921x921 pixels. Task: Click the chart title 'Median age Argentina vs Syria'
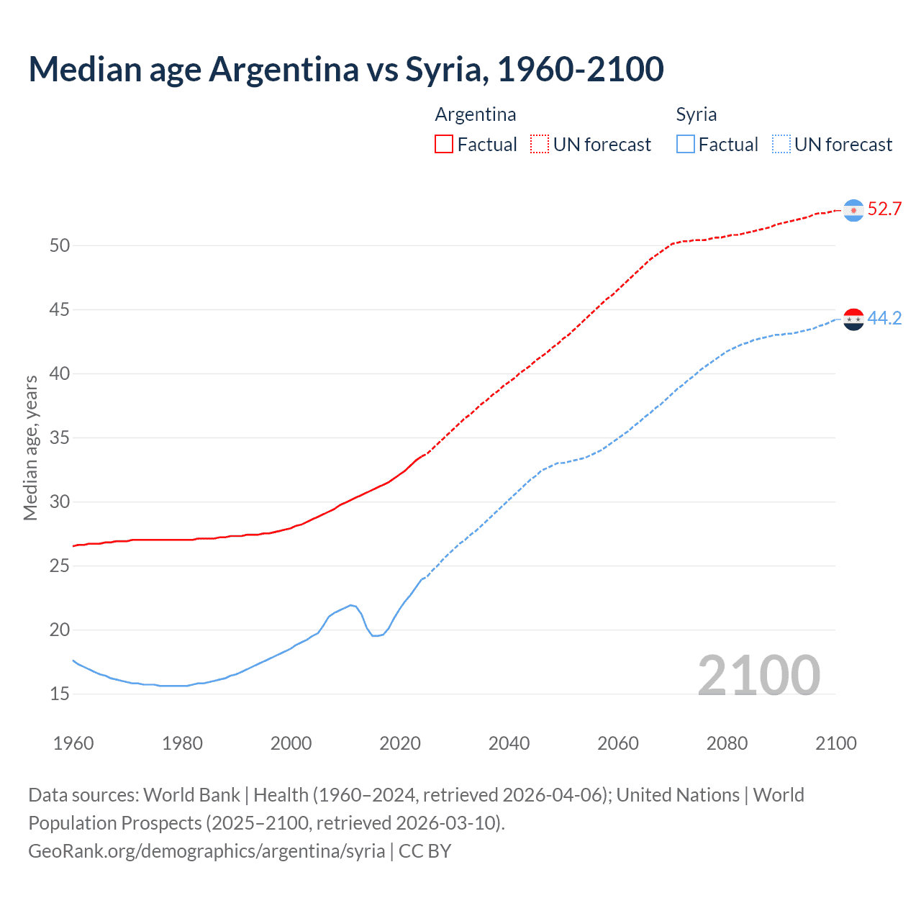pos(345,70)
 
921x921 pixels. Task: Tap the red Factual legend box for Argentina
pos(444,145)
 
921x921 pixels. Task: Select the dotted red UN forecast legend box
pos(540,145)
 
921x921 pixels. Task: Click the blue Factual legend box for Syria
pos(686,145)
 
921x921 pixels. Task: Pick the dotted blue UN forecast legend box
pos(781,145)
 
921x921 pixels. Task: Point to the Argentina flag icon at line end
pos(853,210)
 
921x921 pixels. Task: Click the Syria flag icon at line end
pos(853,319)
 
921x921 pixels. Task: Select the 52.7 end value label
pos(884,209)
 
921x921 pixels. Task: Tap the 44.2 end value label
pos(884,319)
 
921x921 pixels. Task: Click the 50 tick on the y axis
pos(60,245)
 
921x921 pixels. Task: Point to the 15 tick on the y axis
pos(60,694)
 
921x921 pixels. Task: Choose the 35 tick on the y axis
pos(60,437)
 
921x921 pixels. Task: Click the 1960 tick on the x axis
pos(73,743)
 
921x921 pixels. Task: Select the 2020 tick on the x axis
pos(400,743)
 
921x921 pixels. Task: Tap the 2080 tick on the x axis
pos(727,743)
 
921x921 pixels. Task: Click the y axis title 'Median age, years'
pos(30,448)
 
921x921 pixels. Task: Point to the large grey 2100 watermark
pos(758,675)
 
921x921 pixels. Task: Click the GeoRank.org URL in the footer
pos(207,851)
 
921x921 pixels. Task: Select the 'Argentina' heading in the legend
pos(476,114)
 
